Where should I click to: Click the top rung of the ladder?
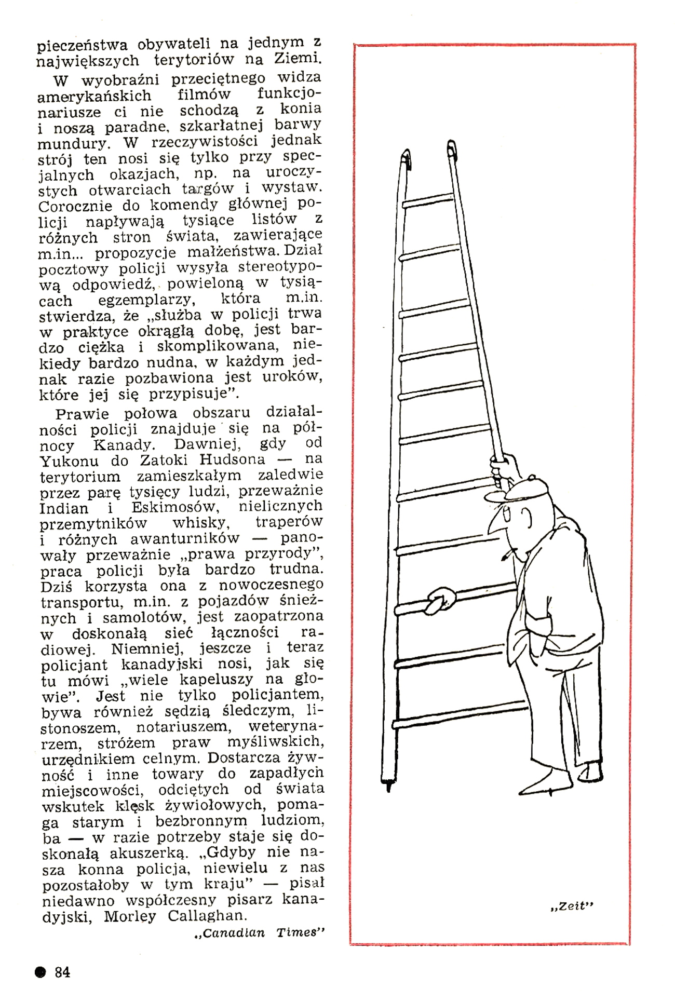(428, 200)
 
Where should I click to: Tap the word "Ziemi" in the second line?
(297, 59)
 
